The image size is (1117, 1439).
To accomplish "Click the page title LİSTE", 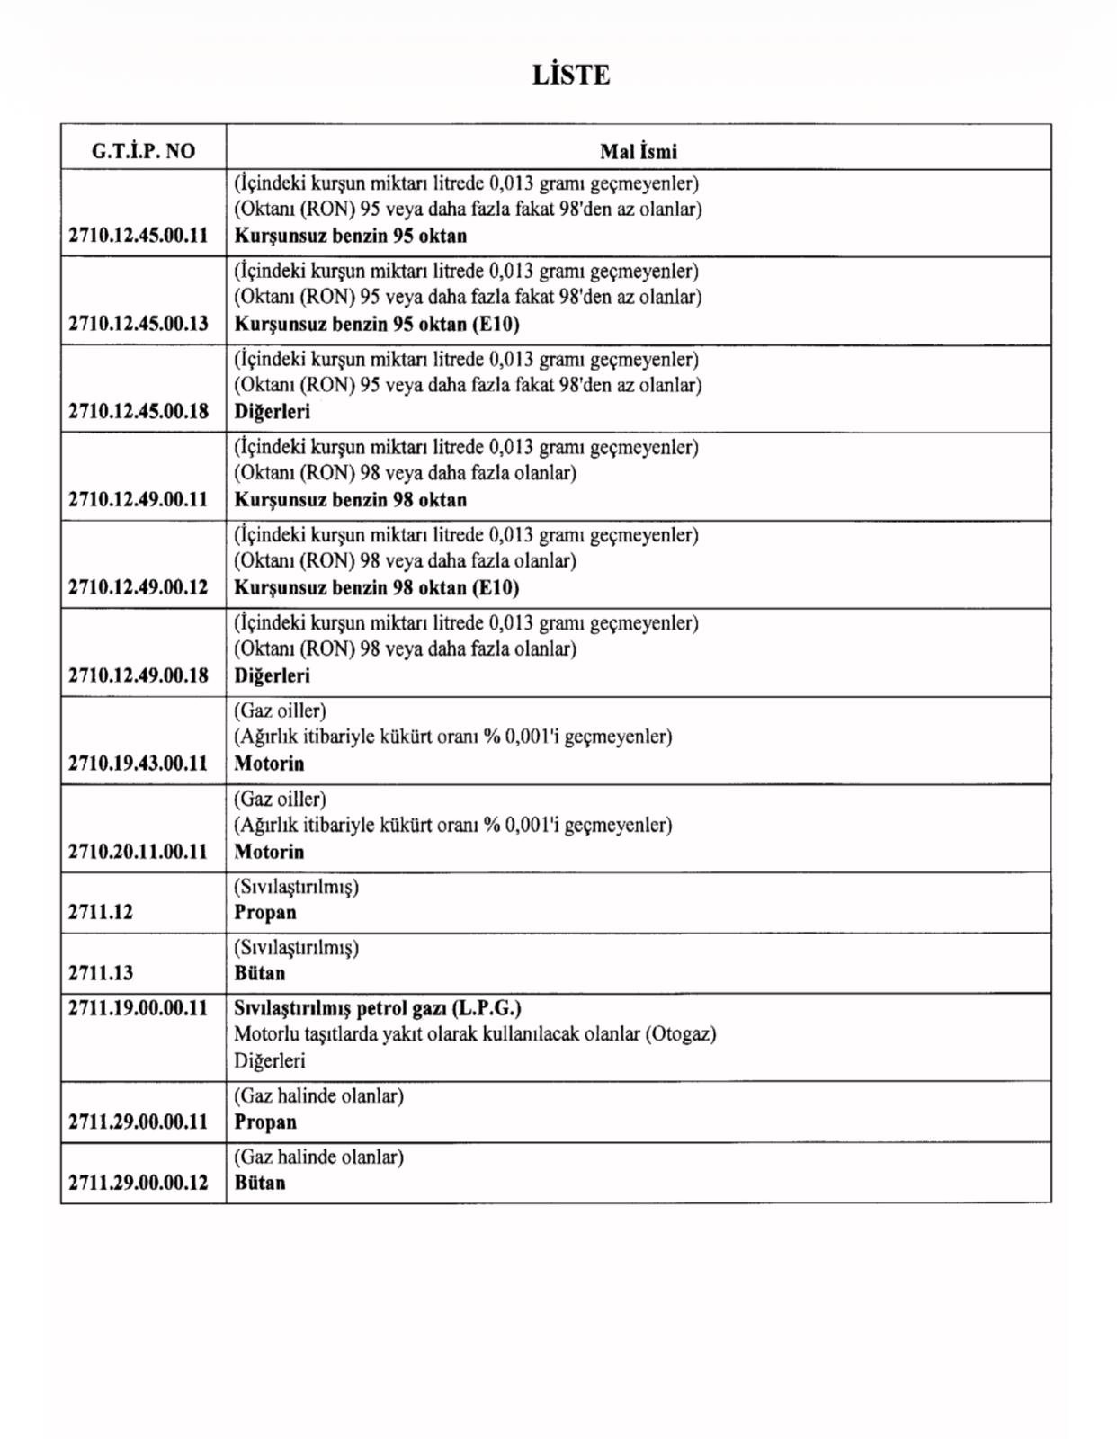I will [571, 75].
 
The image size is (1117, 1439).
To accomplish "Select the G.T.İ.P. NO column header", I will [143, 151].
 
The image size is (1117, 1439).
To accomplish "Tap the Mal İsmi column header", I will [639, 151].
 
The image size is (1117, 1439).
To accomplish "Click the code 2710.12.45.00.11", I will [138, 236].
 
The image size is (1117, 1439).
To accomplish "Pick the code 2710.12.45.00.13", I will [138, 324].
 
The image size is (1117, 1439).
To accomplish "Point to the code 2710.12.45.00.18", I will [138, 412].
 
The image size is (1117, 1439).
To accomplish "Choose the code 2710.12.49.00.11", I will [138, 500].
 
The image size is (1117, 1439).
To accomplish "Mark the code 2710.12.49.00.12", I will [138, 588].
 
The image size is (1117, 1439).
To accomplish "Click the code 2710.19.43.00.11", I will [138, 764].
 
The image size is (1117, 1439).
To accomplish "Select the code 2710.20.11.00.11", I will [138, 852].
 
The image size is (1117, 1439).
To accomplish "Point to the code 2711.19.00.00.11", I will [138, 1008].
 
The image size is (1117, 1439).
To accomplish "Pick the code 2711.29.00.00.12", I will [138, 1183].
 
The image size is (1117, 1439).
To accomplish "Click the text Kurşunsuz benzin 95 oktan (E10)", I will [377, 324].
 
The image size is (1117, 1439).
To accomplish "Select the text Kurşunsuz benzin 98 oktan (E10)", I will [377, 588].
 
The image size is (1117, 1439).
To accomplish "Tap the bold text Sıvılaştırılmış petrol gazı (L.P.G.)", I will [378, 1008].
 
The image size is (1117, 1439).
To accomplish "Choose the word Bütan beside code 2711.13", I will [260, 973].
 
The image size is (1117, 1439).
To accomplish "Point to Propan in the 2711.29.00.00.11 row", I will [265, 1122].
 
